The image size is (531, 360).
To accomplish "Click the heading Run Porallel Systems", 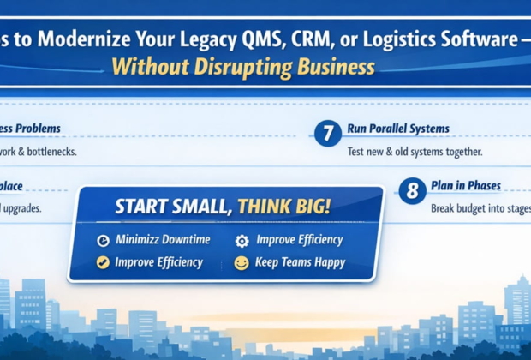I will (397, 129).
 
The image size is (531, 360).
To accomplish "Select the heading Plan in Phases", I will (467, 186).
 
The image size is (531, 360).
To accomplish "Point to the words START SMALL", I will (174, 207).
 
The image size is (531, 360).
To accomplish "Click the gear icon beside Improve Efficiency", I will (242, 241).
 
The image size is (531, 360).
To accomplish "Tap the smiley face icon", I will (242, 262).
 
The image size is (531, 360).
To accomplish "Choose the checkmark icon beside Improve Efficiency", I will (103, 262).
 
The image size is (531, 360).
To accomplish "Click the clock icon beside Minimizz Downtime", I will (103, 241).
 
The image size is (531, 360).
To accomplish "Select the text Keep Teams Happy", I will (301, 262).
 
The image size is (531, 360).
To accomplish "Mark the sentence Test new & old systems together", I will (415, 152).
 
